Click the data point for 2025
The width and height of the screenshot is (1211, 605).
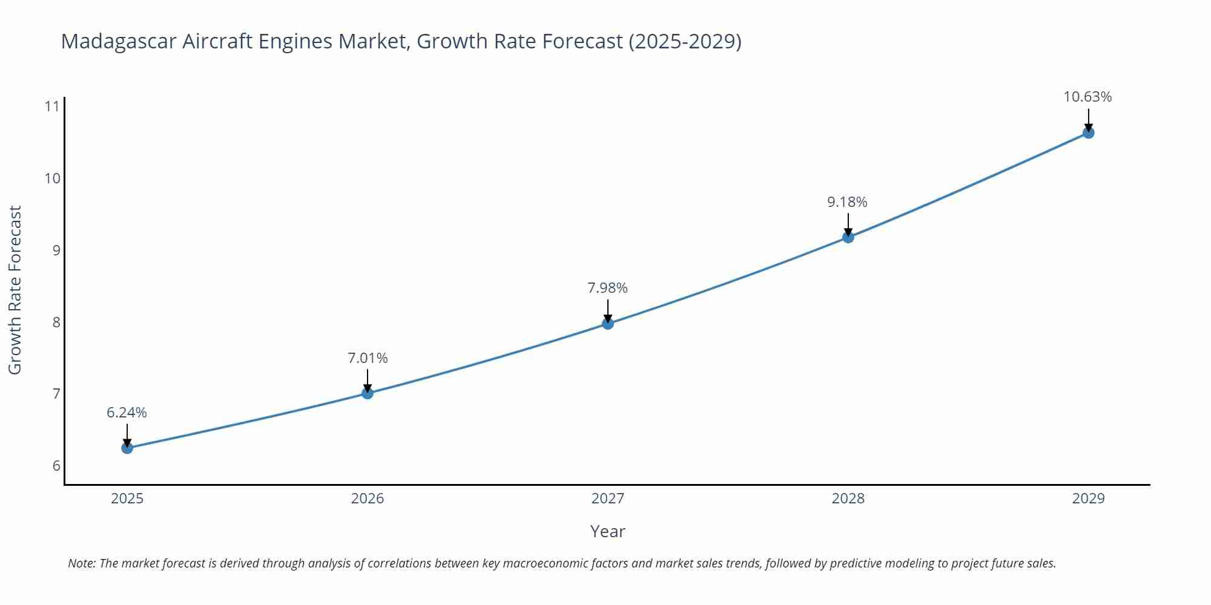127,448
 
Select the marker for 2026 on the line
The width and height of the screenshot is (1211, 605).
368,393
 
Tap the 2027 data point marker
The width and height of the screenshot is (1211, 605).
608,324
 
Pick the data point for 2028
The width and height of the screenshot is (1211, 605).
848,237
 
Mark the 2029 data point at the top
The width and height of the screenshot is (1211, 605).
1088,132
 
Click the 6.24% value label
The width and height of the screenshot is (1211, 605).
127,413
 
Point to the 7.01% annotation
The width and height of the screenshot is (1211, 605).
368,358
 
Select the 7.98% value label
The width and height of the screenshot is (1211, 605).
607,288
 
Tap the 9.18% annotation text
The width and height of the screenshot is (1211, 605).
847,202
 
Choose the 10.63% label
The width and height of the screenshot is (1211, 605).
1087,97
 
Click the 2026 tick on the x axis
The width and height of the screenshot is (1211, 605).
368,499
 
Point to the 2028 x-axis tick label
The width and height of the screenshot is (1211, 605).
848,499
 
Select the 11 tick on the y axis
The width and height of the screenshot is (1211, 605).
52,106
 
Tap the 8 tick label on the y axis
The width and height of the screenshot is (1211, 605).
56,322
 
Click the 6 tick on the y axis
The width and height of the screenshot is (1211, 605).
56,466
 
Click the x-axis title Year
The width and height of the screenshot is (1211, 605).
607,531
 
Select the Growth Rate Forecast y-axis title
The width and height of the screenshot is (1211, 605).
15,290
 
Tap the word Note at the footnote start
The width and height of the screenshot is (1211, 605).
81,563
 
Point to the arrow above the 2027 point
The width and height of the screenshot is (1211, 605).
608,310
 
